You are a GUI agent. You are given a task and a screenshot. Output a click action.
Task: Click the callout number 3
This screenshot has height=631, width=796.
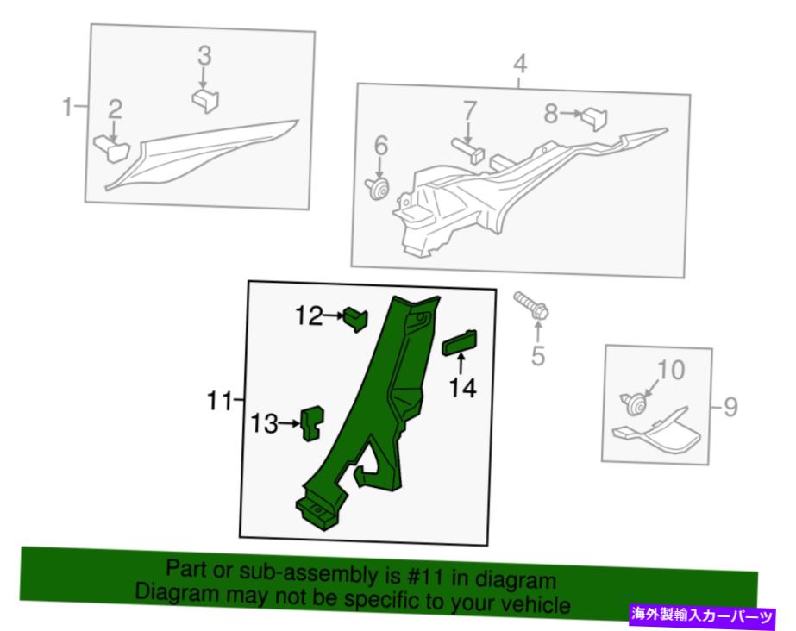click(204, 56)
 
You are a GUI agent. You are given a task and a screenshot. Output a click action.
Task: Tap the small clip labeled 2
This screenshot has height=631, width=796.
click(112, 147)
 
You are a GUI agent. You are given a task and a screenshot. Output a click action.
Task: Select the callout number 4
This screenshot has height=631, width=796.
click(520, 65)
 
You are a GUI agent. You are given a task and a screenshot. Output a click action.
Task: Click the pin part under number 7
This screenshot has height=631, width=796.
click(468, 150)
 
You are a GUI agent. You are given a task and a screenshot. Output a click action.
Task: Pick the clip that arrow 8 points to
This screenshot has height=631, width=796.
click(594, 119)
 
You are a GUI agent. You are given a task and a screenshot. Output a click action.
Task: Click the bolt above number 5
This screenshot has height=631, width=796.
click(531, 306)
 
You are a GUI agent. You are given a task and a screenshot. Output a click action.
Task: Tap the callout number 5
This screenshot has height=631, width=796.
click(538, 355)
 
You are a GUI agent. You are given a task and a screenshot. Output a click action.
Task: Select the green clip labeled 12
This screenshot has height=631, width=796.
click(356, 320)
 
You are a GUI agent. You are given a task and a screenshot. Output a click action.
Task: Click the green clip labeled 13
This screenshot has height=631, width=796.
click(313, 423)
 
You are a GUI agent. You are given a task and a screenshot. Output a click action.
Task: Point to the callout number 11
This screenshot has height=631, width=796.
click(219, 401)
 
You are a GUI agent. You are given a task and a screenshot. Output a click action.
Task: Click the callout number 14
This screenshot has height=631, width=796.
click(463, 388)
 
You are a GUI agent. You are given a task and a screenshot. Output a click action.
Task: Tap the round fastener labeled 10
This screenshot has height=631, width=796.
click(634, 404)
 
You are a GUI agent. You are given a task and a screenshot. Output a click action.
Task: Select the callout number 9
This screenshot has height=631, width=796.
click(730, 407)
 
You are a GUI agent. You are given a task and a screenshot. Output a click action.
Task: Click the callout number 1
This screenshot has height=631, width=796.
click(67, 107)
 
